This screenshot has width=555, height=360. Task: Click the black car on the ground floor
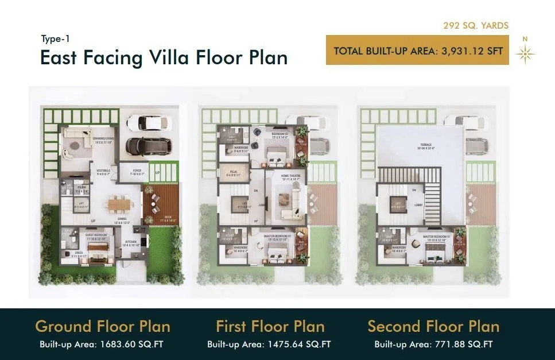coord(148,146)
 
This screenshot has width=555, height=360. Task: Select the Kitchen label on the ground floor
coord(131,242)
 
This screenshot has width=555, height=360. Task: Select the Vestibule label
coord(103,171)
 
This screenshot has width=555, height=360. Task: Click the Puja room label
coord(234,171)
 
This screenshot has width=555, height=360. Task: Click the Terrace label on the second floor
coord(424,145)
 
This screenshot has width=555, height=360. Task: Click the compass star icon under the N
coord(525,53)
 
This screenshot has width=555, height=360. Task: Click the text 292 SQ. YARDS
coord(475,26)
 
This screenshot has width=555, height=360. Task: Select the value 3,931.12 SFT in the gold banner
coord(472,51)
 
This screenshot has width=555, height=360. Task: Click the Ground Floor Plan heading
coord(103,327)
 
